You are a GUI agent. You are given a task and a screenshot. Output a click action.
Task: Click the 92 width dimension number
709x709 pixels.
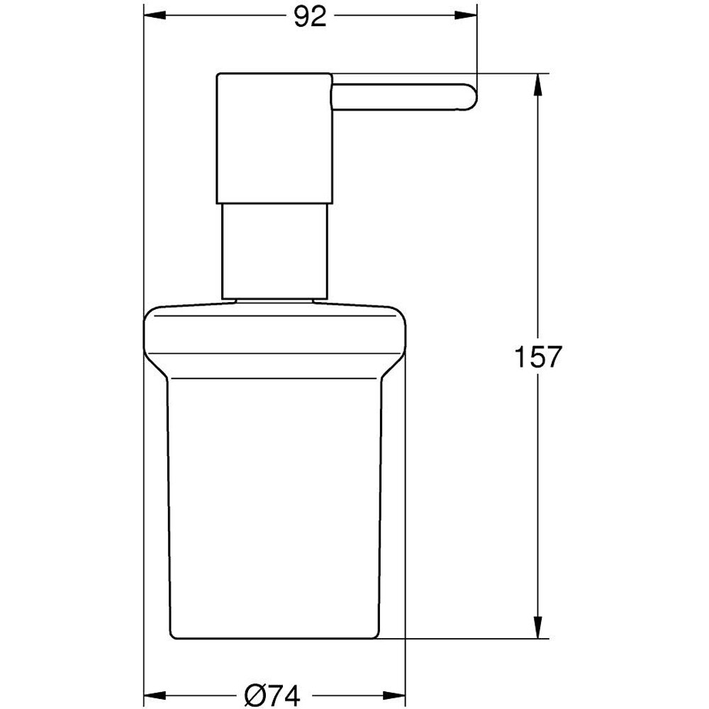coord(310,16)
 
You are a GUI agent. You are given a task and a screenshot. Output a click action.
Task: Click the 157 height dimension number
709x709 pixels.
coord(537,357)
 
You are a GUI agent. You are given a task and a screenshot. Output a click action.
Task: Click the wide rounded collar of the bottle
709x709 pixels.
coord(275,328)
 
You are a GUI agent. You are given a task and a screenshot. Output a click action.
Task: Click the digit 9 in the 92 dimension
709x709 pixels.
coord(301,16)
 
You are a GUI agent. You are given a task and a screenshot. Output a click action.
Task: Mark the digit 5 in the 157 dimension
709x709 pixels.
coord(537,357)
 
